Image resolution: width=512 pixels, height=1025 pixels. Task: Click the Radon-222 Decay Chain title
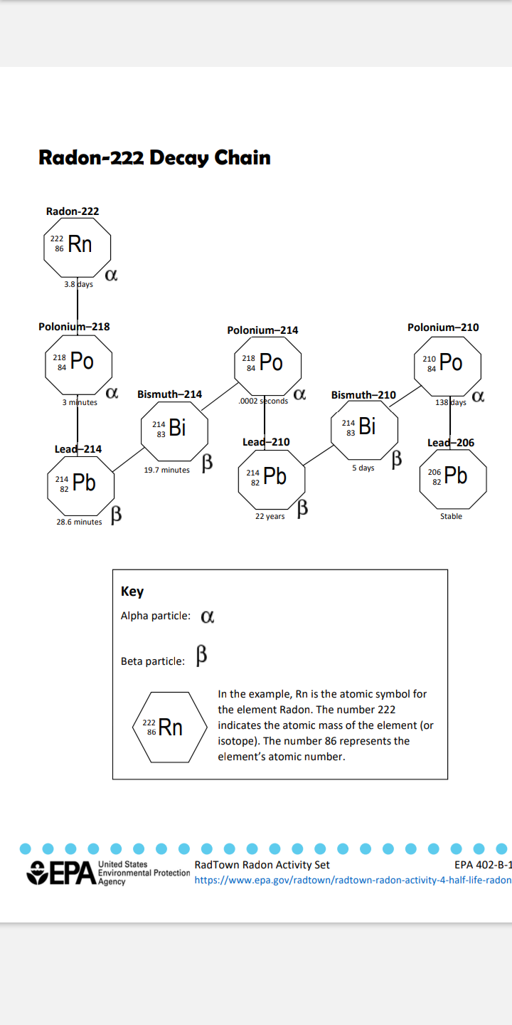[x=154, y=158]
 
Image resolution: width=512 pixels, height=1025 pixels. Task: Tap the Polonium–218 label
[x=74, y=327]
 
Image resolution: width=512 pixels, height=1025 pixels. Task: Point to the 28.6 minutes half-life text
[x=79, y=522]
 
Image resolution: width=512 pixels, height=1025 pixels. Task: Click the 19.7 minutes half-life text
[x=167, y=470]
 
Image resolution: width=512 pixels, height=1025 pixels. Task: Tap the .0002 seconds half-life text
[x=263, y=401]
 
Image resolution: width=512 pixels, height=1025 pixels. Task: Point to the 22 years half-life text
[x=270, y=516]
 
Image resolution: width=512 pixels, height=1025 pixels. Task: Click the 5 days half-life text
[x=363, y=468]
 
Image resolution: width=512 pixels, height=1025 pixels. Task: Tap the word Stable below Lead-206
[x=451, y=516]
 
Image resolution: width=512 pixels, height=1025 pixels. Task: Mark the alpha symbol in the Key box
[x=208, y=617]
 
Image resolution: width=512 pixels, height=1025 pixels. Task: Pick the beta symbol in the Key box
[x=202, y=656]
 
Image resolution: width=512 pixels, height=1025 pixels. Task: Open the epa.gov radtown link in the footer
[x=353, y=880]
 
